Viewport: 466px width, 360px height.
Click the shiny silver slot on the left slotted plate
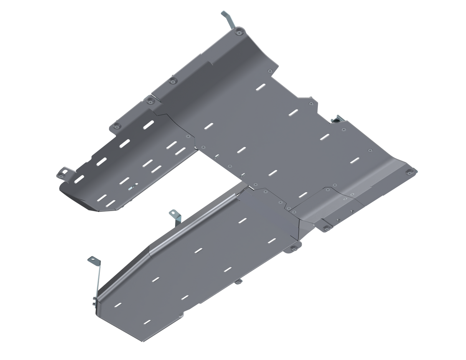click(x=132, y=188)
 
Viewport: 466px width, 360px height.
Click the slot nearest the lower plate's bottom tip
click(x=147, y=321)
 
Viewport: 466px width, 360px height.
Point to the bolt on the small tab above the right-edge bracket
click(x=311, y=103)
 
